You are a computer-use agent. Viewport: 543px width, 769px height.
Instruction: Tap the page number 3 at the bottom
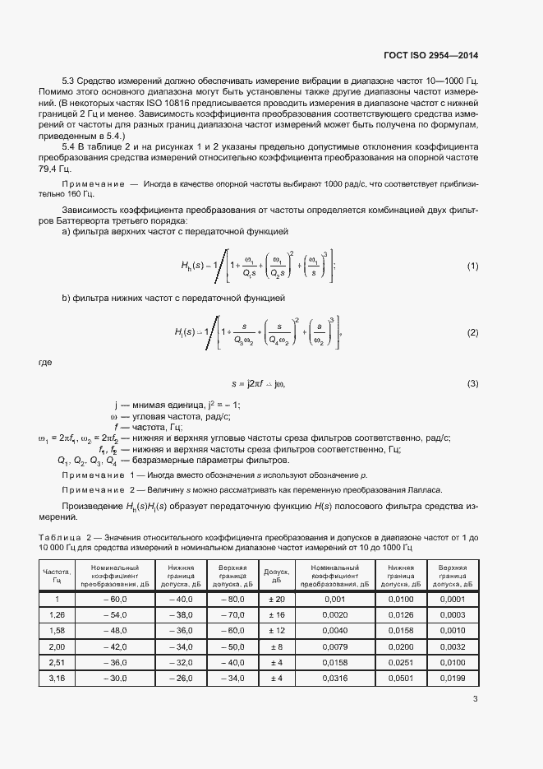pyautogui.click(x=475, y=700)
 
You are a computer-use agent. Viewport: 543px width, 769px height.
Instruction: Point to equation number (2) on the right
pyautogui.click(x=472, y=332)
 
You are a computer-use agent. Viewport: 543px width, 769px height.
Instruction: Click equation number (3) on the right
pyautogui.click(x=472, y=383)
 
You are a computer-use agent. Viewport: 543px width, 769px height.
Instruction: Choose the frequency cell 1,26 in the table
pyautogui.click(x=58, y=614)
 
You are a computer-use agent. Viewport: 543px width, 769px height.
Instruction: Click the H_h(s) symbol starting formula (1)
pyautogui.click(x=194, y=266)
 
